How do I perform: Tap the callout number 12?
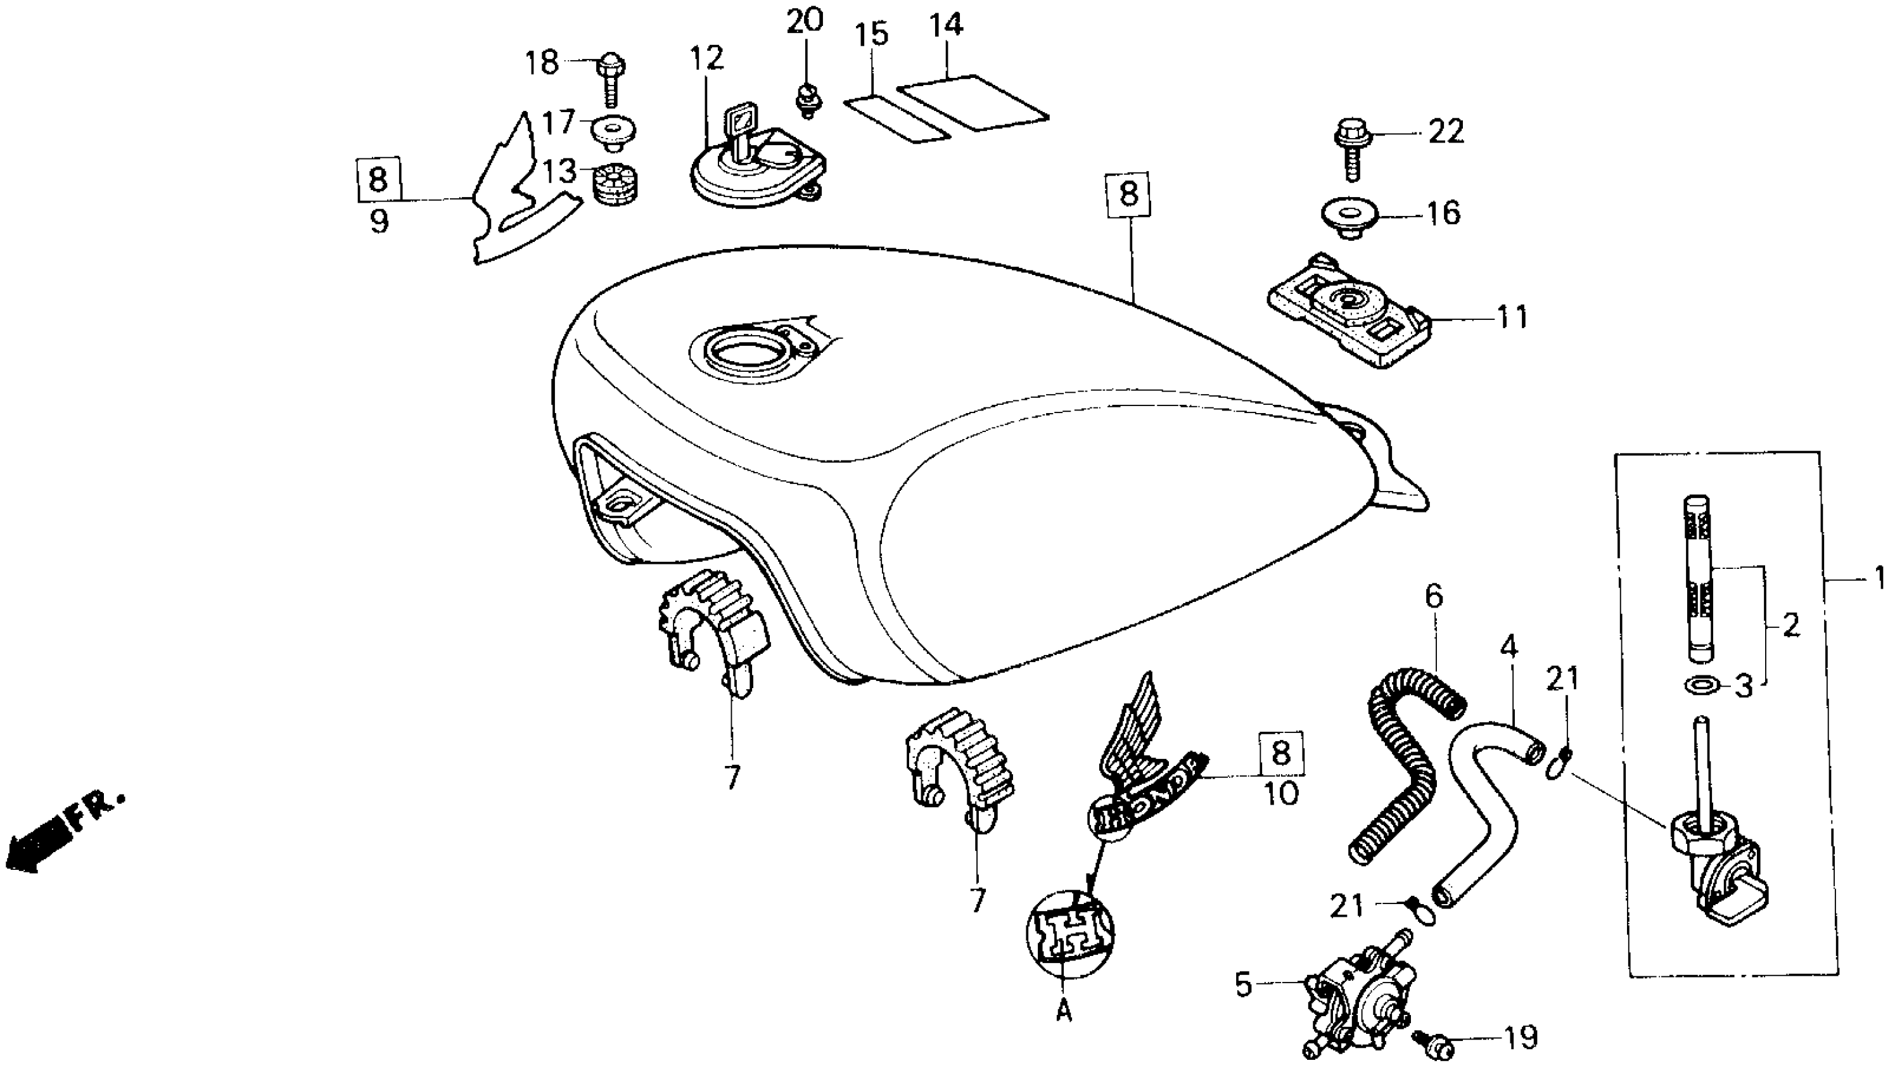tap(706, 58)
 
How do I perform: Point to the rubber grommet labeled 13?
tap(616, 187)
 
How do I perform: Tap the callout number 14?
tap(946, 25)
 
